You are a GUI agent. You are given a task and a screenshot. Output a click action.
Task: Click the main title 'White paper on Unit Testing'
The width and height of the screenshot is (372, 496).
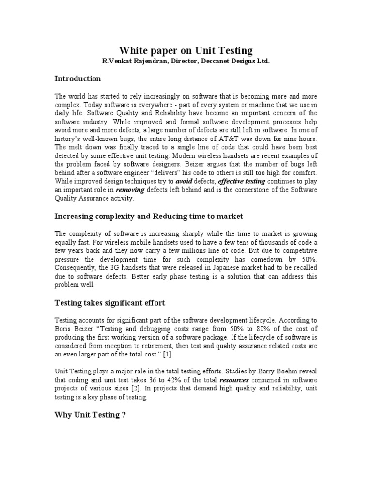[186, 50]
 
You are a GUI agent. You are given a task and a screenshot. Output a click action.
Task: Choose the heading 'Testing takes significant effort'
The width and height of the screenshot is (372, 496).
[110, 303]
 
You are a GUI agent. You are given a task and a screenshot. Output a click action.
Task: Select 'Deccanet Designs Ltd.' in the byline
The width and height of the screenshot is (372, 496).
[230, 62]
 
